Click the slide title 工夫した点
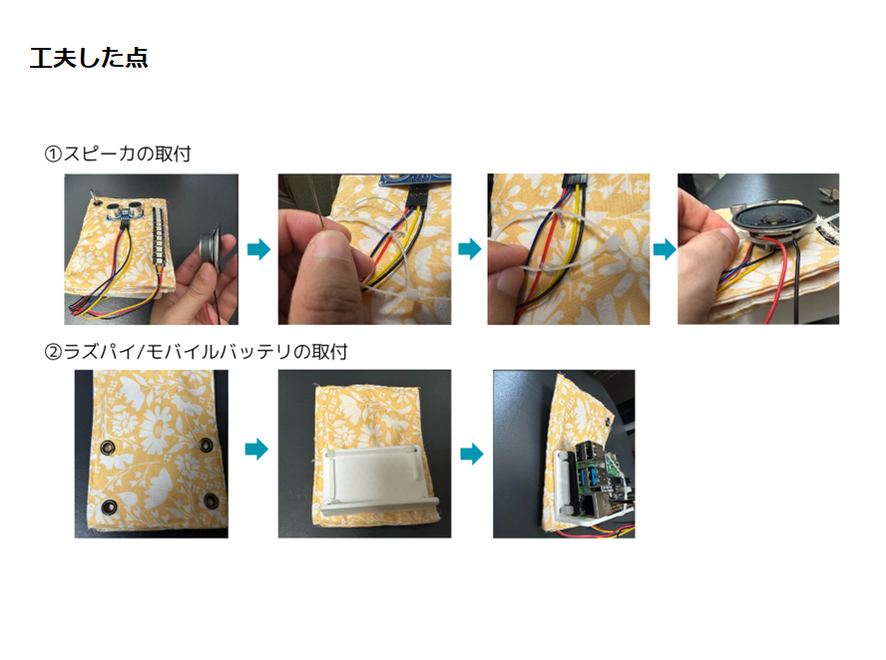pyautogui.click(x=89, y=58)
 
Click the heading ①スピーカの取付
pyautogui.click(x=118, y=154)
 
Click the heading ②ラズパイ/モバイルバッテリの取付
pyautogui.click(x=196, y=352)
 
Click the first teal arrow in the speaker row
pyautogui.click(x=258, y=248)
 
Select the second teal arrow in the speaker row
pyautogui.click(x=470, y=248)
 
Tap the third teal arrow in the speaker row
pyautogui.click(x=664, y=248)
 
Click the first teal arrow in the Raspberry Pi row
pyautogui.click(x=256, y=450)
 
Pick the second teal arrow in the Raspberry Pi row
pyautogui.click(x=472, y=454)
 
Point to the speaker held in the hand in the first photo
pyautogui.click(x=210, y=248)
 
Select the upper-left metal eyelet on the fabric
pyautogui.click(x=107, y=448)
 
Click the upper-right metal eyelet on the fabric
pyautogui.click(x=207, y=445)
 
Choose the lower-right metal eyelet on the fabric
pyautogui.click(x=212, y=500)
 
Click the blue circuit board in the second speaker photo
pyautogui.click(x=416, y=179)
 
